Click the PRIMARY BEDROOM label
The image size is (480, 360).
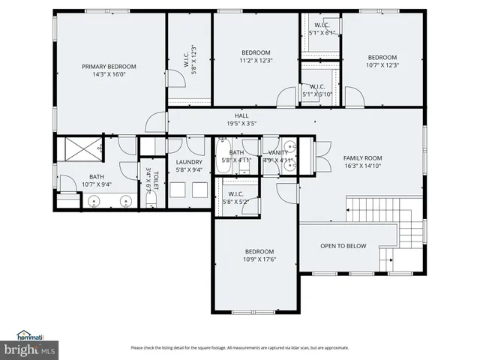tap(110, 66)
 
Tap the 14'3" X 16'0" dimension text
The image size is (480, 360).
tap(110, 74)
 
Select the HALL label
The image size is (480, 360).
tap(241, 115)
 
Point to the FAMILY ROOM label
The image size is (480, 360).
tap(363, 158)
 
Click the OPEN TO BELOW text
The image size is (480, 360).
tap(343, 245)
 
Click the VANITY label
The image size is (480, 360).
tap(278, 152)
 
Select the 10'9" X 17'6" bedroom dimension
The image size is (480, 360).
tap(259, 259)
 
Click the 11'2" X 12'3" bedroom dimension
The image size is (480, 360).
tap(256, 60)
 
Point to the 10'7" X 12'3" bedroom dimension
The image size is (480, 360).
tap(382, 65)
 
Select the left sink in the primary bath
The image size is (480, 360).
tap(94, 200)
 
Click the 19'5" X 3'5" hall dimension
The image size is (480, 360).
tap(241, 123)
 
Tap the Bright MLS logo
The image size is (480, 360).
tap(30, 349)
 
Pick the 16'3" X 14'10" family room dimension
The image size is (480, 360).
tap(363, 166)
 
